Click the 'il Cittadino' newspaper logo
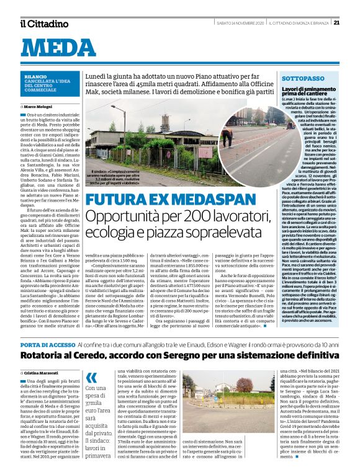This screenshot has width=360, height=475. click(43, 24)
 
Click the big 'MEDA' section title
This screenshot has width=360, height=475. click(63, 49)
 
